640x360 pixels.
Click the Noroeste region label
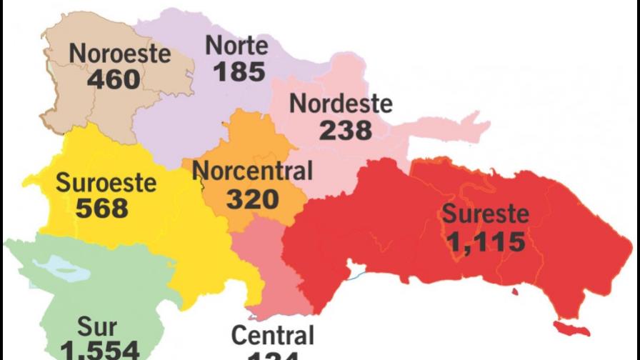(x=119, y=54)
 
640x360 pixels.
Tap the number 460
(x=114, y=79)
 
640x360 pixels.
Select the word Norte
(x=236, y=46)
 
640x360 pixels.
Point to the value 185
(x=239, y=71)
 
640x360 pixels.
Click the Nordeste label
(x=341, y=104)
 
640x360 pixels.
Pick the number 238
(x=346, y=130)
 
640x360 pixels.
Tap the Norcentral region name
(x=253, y=171)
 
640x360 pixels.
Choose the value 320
(x=253, y=199)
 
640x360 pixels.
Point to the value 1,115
(x=486, y=241)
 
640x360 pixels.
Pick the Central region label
(x=273, y=335)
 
